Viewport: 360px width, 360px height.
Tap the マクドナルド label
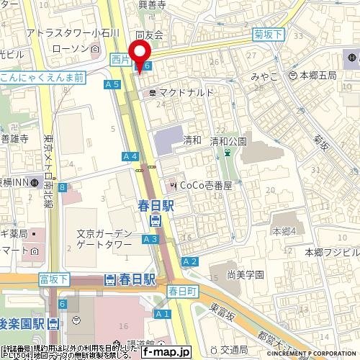[x=186, y=93]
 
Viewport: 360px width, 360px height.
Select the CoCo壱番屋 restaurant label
[x=201, y=186]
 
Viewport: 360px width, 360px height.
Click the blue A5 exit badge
[x=112, y=84]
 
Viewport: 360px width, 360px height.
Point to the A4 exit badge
[x=130, y=156]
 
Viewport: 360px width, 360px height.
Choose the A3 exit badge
[x=150, y=238]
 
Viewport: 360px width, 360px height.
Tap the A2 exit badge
[x=190, y=261]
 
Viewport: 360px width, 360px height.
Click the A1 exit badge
[x=163, y=313]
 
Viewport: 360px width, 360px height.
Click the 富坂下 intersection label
[x=54, y=279]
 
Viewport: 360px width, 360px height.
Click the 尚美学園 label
[x=246, y=274]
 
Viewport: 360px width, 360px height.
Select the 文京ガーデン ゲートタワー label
[x=104, y=239]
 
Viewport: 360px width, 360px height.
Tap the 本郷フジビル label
[x=331, y=252]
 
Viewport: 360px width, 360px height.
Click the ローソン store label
[x=85, y=48]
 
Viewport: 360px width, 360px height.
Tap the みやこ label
[x=264, y=73]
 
